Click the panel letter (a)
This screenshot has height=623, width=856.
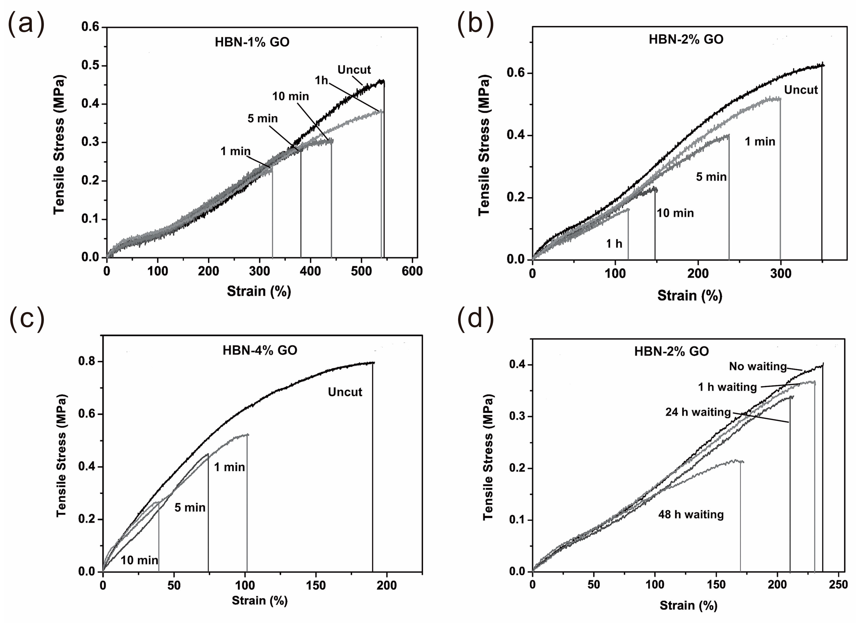26,24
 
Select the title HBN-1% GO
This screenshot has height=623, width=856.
252,42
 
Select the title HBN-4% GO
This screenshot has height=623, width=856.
260,350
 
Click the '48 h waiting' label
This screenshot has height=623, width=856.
691,515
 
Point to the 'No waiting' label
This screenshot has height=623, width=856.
757,366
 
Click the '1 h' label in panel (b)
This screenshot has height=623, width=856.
614,244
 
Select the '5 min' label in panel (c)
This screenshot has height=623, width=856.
190,508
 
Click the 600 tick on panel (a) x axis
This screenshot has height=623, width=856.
412,271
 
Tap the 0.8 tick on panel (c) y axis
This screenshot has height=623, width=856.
86,361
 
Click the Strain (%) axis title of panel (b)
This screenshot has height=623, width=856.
690,295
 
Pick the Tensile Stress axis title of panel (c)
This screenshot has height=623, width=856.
61,456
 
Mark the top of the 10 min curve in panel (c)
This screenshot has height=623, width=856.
156,502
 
